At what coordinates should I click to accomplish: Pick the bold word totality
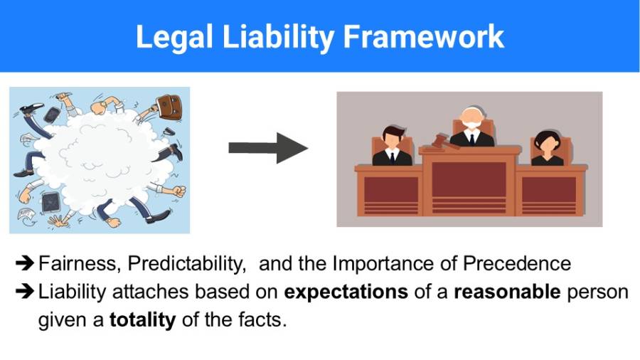click(x=142, y=319)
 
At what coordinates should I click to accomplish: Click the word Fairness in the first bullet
click(x=78, y=263)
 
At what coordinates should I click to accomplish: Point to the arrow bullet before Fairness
click(x=24, y=264)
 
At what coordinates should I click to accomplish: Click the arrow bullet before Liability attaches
click(x=24, y=292)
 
